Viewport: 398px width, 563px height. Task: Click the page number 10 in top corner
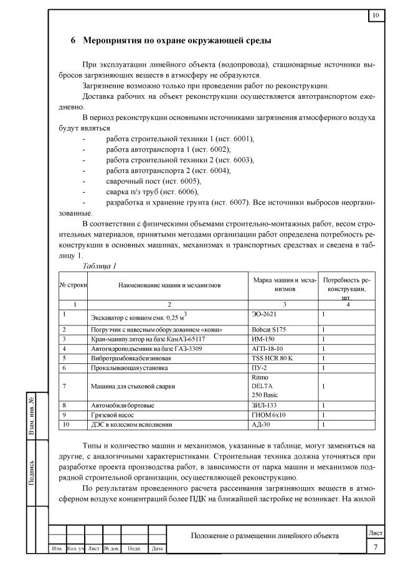376,16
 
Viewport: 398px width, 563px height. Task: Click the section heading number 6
73,41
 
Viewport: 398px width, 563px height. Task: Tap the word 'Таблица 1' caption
100,266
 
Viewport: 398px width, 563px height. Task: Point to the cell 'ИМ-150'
261,339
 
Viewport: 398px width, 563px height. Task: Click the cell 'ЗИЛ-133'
262,405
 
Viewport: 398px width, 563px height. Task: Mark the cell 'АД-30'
260,424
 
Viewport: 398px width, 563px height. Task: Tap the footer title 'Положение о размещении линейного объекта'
265,536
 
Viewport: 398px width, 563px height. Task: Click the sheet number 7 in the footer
376,547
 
